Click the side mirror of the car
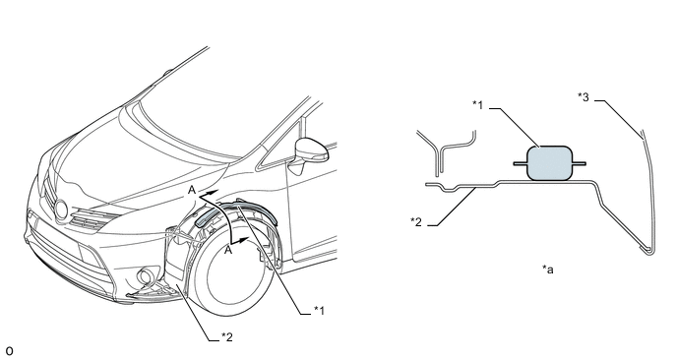310,150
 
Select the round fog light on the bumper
144,276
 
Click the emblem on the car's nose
61,210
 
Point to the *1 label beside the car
319,310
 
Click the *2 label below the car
227,336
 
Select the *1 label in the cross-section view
477,104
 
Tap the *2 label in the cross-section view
416,222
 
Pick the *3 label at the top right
584,97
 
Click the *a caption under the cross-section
548,270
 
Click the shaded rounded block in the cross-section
550,163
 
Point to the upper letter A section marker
192,190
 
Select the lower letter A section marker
228,250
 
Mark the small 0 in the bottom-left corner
9,351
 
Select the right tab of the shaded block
579,163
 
